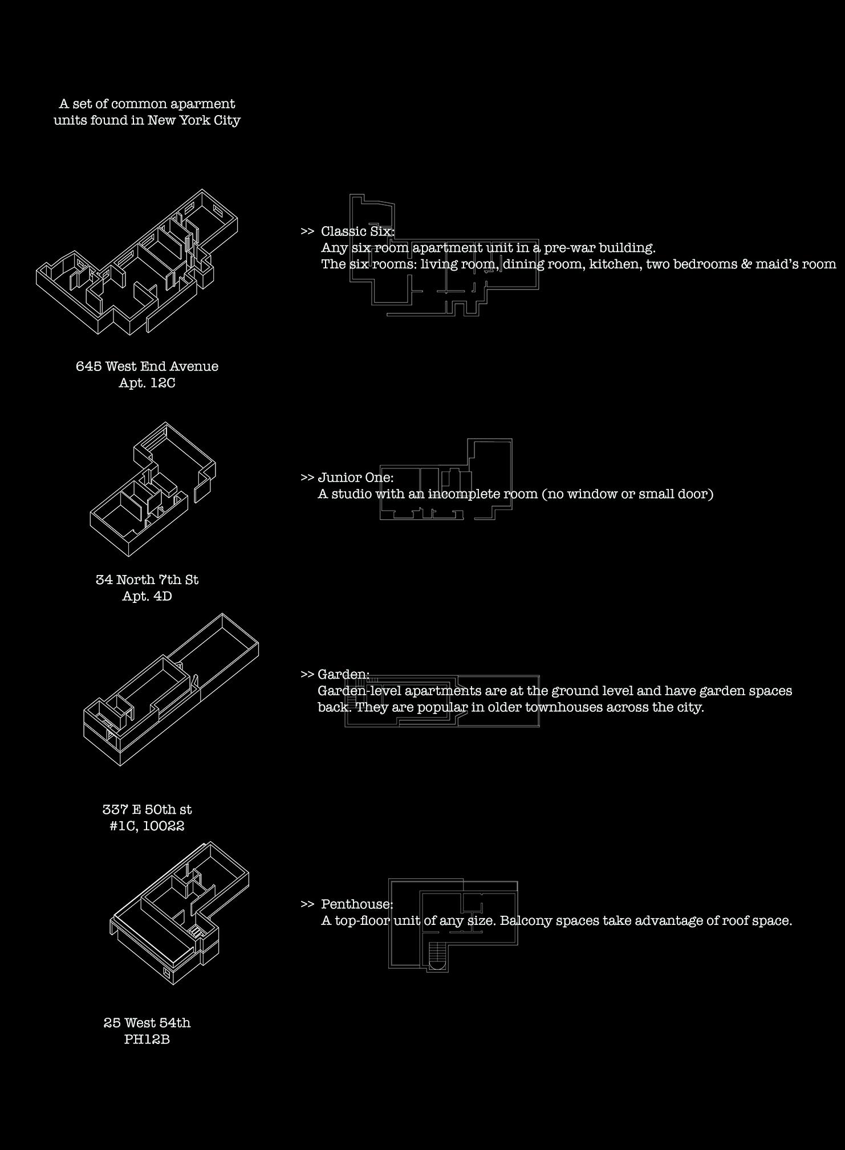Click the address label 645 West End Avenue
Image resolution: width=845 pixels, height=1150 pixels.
point(147,366)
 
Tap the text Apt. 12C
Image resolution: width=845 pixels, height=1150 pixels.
point(147,383)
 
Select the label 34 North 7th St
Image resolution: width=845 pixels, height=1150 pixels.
point(147,580)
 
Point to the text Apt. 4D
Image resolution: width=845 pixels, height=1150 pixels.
point(147,596)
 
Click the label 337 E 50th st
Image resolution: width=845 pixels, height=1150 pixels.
point(147,809)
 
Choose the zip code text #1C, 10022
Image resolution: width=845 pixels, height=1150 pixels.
point(147,826)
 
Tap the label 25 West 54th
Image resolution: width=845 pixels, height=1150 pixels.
point(147,1022)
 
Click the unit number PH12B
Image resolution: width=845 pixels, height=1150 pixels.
point(147,1039)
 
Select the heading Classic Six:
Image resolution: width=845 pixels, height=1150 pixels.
point(357,231)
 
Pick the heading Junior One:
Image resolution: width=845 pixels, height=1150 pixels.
point(356,478)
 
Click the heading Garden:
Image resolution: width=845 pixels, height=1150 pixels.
point(343,674)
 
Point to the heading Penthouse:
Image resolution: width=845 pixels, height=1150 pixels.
point(357,904)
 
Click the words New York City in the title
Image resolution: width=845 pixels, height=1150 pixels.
point(194,120)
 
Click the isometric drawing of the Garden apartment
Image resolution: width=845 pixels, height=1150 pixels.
point(171,690)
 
